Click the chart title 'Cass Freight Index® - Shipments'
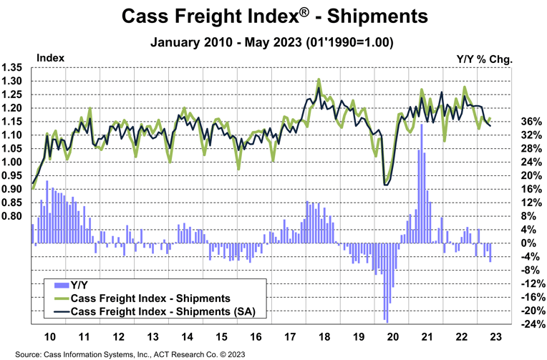click(x=273, y=16)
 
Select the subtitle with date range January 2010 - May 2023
click(x=273, y=42)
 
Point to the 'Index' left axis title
click(x=49, y=57)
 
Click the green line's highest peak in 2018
click(x=319, y=79)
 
